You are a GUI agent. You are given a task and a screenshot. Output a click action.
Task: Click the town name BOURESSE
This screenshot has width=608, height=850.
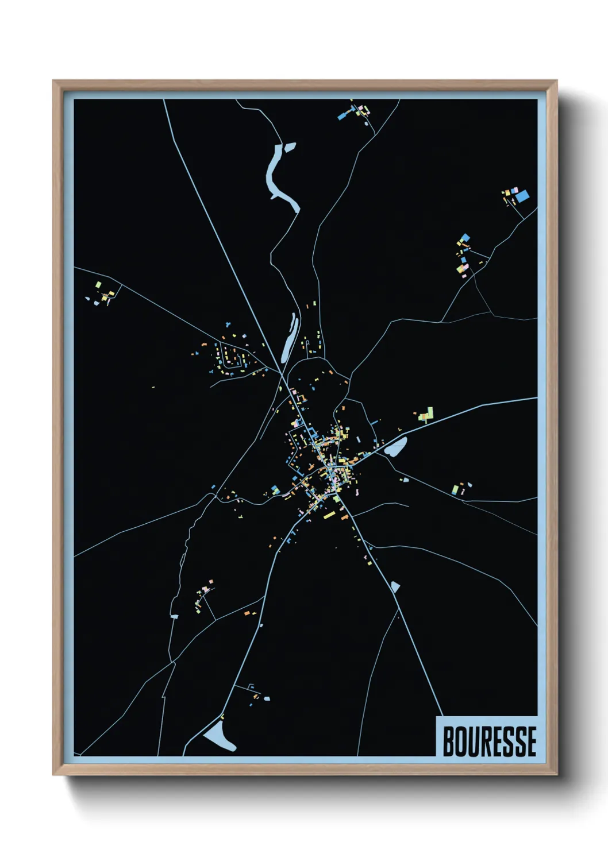coord(489,741)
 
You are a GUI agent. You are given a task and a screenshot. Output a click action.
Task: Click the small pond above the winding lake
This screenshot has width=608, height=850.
coord(289,147)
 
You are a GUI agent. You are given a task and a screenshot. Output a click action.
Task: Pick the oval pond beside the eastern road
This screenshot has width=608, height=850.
coord(396,447)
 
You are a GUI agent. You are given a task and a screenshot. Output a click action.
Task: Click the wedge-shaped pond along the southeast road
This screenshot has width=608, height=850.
coord(395,586)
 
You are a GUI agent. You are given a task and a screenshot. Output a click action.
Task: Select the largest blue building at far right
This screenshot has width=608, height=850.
coord(522,196)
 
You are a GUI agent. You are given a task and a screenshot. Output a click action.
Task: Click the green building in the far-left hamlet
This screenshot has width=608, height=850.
coord(98,284)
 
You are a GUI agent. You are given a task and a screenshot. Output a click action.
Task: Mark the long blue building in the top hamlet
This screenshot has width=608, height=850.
coord(343,115)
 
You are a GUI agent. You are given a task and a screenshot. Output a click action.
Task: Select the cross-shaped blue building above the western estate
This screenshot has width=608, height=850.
coord(228,324)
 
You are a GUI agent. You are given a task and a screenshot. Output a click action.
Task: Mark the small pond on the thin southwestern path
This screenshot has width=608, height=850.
coord(175,616)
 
